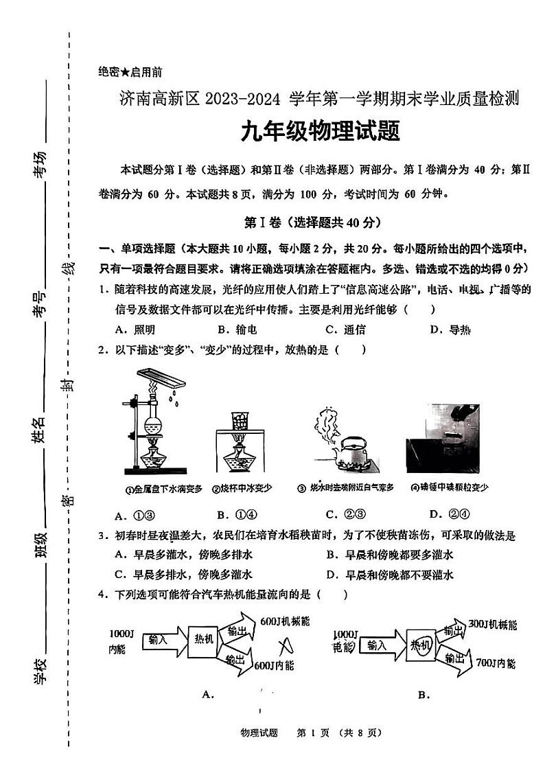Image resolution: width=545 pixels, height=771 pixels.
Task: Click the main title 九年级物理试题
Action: coord(320,130)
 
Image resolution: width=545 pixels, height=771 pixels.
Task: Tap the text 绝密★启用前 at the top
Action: coord(130,71)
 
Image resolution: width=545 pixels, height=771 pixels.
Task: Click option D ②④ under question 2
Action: coord(449,514)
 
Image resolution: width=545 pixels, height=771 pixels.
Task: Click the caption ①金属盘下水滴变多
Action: coord(163,489)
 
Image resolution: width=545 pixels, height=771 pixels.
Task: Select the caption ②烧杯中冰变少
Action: coord(242,489)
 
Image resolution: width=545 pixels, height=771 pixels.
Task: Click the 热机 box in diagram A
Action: coord(205,638)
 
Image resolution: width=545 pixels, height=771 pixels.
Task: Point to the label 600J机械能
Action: coord(284,621)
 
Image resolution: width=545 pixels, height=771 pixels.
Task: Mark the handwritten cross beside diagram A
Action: coord(283,645)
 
